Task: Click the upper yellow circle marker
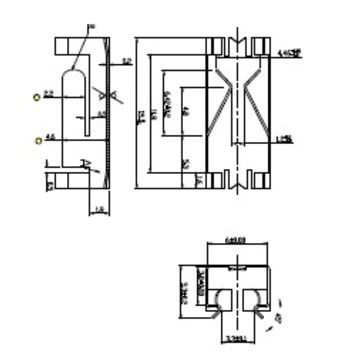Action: [36, 97]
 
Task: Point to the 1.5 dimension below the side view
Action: [99, 209]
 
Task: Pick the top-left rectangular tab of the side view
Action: [71, 46]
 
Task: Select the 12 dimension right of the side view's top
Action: [127, 62]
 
